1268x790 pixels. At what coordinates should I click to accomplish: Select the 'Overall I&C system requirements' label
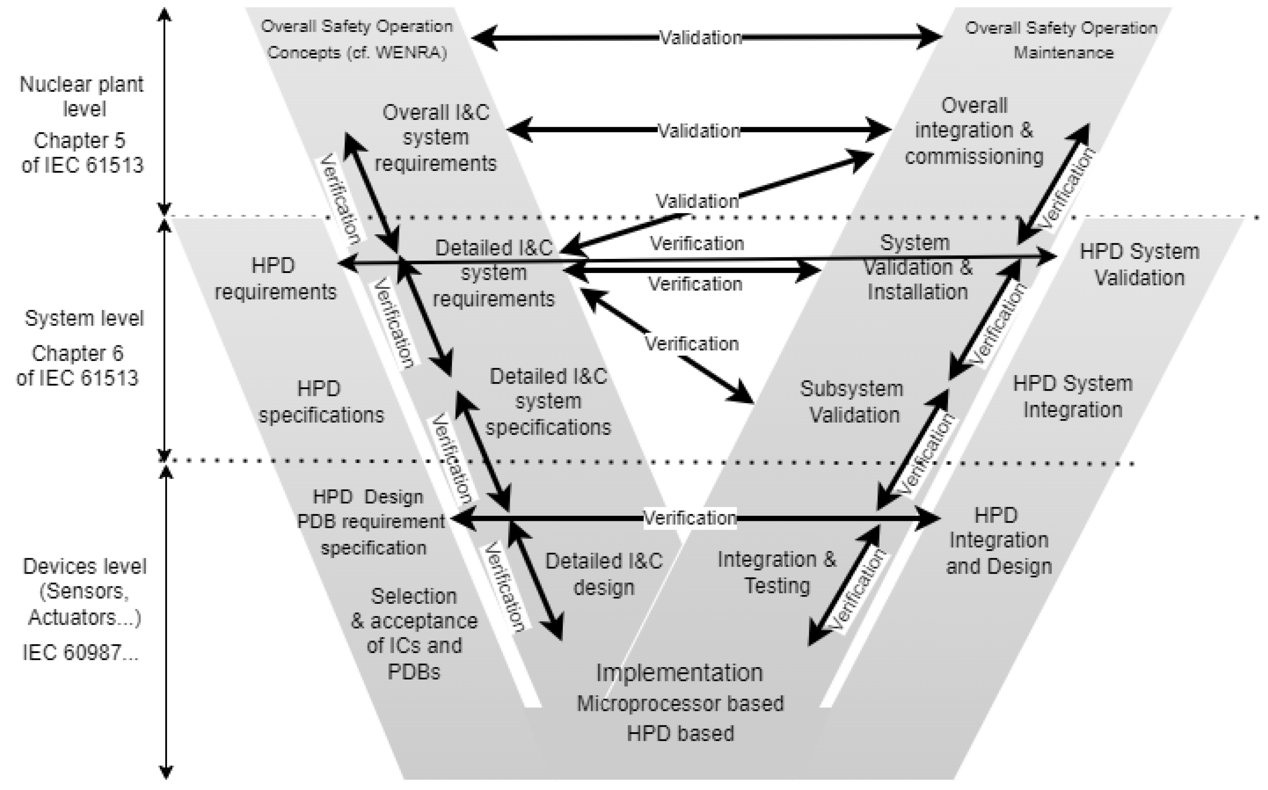click(436, 138)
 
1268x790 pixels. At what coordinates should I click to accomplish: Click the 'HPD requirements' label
click(275, 278)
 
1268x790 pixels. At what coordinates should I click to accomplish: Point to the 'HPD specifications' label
click(321, 402)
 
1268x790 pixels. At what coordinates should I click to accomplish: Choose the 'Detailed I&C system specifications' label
click(548, 401)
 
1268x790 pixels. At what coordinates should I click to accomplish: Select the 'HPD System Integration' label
click(1073, 397)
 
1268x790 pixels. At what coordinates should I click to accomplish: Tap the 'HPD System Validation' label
click(1139, 264)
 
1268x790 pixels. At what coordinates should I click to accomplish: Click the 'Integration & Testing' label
click(777, 572)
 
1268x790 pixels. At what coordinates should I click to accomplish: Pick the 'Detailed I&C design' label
click(604, 574)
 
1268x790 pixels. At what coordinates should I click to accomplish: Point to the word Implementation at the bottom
click(679, 673)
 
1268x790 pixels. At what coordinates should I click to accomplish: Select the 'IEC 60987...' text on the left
click(80, 653)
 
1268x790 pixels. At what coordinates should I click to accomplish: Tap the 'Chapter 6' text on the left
click(77, 354)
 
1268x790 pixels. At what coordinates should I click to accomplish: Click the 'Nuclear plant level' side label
click(82, 97)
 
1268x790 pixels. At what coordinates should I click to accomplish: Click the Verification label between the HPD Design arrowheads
click(689, 518)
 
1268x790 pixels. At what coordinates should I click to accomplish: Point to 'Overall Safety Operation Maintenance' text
click(1061, 40)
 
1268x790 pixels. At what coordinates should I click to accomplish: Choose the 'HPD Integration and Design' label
click(998, 541)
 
